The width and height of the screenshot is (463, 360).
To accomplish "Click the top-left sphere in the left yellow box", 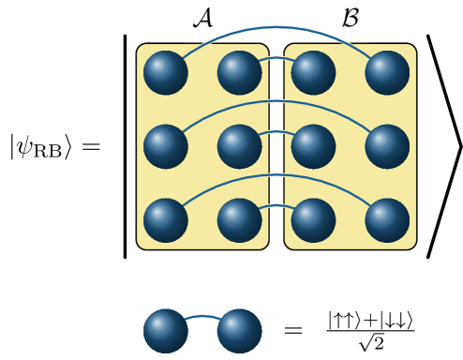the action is point(166,73).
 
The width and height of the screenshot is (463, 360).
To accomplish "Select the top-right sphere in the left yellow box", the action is point(240,73).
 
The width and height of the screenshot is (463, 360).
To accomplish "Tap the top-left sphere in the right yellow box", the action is point(313,73).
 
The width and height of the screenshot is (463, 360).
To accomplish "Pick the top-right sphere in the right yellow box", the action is point(387,73).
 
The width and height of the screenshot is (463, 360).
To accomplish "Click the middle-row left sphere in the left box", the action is point(166,146).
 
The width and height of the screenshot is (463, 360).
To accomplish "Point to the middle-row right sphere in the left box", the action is point(240,146).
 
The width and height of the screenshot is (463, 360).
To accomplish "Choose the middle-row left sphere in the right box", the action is point(313,146).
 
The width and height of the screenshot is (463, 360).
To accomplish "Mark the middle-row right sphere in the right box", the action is point(387,146).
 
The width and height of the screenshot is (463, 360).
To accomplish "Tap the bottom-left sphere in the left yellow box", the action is point(166,220).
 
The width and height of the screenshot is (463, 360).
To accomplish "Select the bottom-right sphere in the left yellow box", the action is point(240,220).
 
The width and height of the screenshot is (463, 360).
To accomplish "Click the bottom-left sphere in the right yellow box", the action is point(313,220).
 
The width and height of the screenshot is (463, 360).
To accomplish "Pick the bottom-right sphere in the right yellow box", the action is point(387,220).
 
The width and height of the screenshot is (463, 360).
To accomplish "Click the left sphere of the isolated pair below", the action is point(166,331).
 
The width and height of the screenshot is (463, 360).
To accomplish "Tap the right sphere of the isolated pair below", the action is point(239,331).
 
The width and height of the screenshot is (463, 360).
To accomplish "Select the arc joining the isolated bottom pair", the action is point(202,317).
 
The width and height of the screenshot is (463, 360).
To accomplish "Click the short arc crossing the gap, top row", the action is point(276,58).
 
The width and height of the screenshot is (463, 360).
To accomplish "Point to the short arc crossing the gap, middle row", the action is point(276,132).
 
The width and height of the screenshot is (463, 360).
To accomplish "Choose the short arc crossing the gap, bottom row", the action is point(276,205).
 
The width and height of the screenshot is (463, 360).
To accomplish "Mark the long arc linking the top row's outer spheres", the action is point(276,27).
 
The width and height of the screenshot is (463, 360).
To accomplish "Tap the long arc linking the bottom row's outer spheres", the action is point(276,174).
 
